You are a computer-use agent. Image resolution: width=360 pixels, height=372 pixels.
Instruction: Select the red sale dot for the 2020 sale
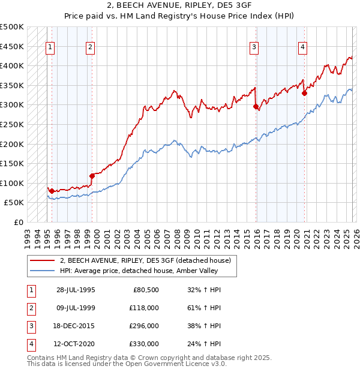pos(304,93)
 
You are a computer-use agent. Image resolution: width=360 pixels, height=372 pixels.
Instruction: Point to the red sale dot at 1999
pos(92,176)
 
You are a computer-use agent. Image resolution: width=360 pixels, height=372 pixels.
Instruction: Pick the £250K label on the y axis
pos(12,125)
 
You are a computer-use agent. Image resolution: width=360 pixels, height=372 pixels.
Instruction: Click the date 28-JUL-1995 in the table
pos(75,289)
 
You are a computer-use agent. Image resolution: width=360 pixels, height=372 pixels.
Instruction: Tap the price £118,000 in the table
pos(144,308)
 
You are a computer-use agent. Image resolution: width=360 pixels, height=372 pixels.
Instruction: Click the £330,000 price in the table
pos(144,344)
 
